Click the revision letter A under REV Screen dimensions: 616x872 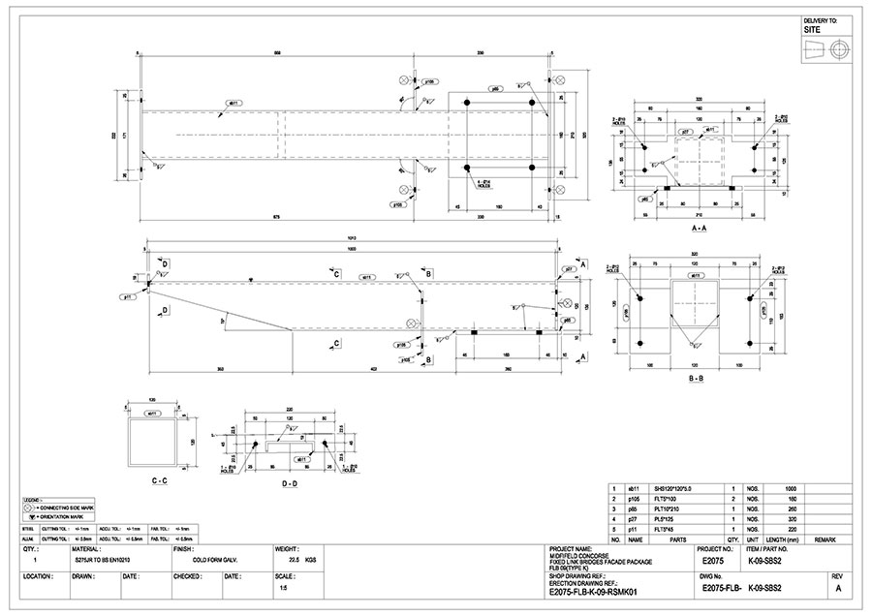point(838,588)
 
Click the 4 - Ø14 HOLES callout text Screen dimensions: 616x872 point(484,184)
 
